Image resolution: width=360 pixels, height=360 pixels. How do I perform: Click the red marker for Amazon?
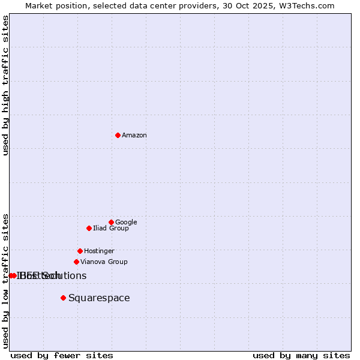click(118, 135)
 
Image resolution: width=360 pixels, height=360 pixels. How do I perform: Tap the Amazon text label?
click(134, 136)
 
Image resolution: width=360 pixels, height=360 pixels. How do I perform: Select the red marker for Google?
click(111, 222)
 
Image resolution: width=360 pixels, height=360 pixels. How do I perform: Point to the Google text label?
click(126, 222)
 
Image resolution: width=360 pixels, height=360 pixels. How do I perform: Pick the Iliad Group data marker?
click(89, 228)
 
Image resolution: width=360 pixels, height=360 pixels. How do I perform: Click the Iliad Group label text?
click(111, 229)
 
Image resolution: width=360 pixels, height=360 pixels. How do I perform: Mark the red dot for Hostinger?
click(80, 251)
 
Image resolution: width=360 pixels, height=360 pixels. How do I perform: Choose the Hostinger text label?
click(99, 251)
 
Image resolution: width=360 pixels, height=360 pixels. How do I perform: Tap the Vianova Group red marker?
click(76, 262)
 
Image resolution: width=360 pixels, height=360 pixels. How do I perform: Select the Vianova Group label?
click(104, 262)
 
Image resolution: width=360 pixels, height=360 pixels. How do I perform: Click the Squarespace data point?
click(63, 298)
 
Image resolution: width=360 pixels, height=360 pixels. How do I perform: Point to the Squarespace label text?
click(99, 298)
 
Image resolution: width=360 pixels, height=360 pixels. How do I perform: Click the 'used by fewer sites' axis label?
click(62, 355)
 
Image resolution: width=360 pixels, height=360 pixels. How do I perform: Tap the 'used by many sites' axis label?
click(301, 355)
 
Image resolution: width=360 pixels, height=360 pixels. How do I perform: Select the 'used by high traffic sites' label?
click(6, 85)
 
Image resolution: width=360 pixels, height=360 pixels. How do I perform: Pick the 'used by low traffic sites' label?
click(6, 280)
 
